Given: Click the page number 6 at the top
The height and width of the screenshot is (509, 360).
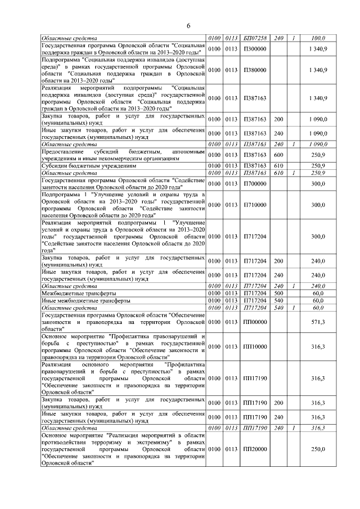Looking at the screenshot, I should click(x=189, y=26).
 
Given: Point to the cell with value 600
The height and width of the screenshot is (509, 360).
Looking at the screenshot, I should click(x=278, y=155).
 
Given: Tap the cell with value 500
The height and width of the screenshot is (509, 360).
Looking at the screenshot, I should click(x=278, y=293).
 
